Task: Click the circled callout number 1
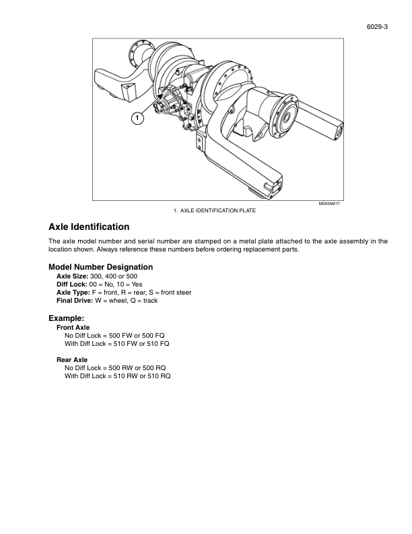(x=137, y=119)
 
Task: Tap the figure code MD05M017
(x=330, y=204)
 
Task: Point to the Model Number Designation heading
(x=101, y=267)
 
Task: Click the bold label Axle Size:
(x=72, y=276)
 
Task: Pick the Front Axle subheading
(x=73, y=327)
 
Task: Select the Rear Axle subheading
(x=72, y=359)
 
